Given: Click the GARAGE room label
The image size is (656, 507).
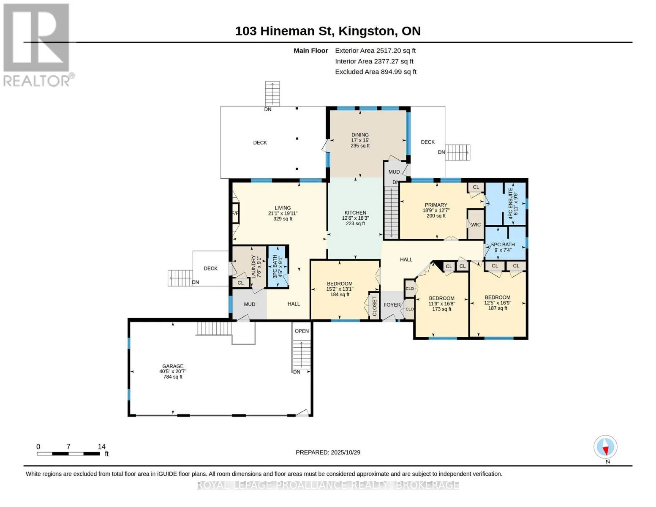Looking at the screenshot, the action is [173, 366].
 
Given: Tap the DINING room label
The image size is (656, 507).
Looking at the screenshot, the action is [360, 135].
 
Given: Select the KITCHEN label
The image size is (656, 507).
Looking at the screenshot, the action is [355, 213].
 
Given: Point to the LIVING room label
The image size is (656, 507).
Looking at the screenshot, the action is [283, 208].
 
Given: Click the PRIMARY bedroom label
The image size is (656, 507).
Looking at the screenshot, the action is [436, 205].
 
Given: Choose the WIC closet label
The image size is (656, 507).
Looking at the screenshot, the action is [476, 225].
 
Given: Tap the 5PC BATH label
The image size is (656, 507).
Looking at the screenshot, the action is [503, 245].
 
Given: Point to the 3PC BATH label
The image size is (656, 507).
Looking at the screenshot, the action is [275, 267].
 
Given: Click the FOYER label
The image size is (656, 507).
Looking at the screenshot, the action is [392, 305].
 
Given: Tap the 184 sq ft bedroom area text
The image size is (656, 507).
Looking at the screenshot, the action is [340, 294].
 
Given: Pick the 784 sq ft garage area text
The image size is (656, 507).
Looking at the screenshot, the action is [173, 377].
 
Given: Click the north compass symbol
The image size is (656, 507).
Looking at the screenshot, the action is [605, 447].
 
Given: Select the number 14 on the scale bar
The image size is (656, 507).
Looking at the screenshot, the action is [102, 447].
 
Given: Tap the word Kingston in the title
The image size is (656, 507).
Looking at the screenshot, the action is [366, 31].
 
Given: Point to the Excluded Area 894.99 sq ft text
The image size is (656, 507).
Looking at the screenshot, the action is [376, 72].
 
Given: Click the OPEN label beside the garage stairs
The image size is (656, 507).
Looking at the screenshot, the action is [302, 331].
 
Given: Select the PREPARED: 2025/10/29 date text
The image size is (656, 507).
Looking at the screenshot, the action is [328, 452].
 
